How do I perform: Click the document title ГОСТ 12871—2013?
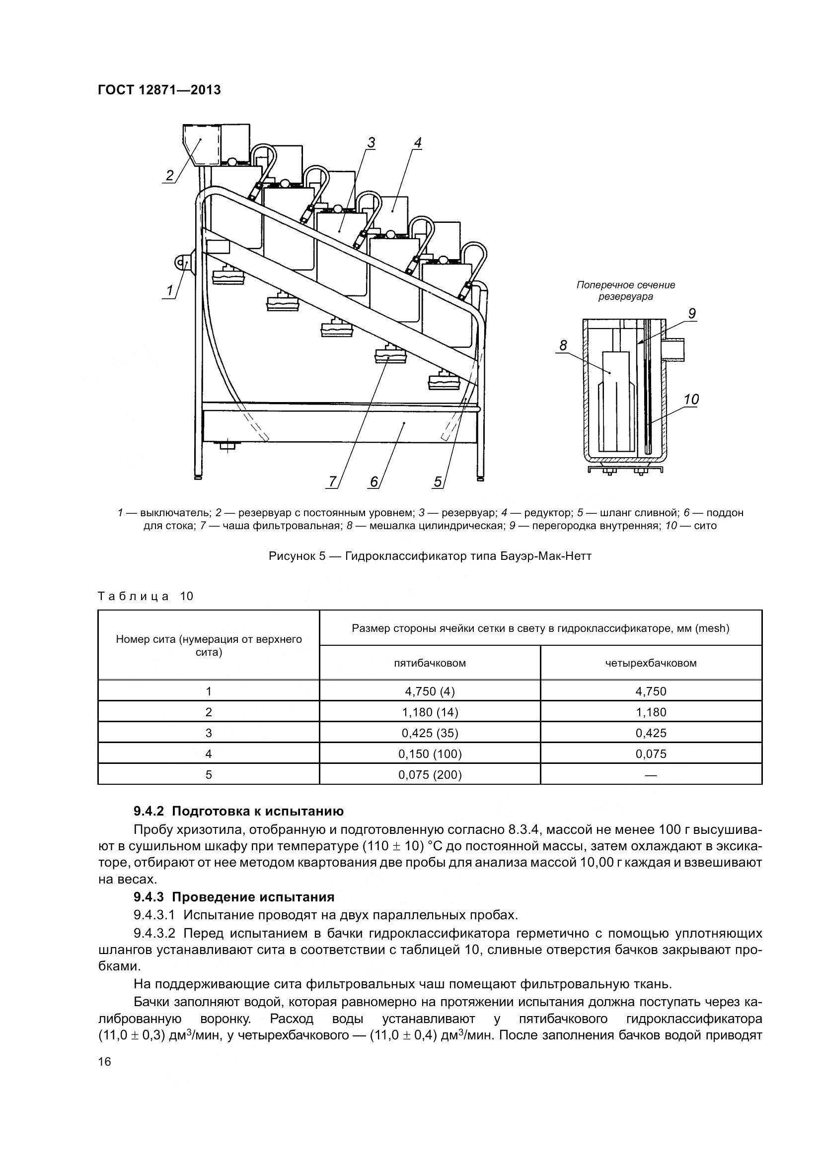coord(159,90)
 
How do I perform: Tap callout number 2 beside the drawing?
coord(170,175)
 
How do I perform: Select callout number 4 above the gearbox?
coord(417,143)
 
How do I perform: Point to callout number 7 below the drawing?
coord(332,482)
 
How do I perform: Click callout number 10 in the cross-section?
coord(691,400)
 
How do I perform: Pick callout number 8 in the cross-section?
coord(563,346)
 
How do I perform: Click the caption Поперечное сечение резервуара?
coord(626,291)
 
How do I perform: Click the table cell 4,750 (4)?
coord(430,691)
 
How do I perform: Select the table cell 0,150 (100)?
coord(430,754)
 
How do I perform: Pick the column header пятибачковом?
coord(430,663)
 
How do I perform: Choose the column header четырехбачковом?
coord(651,663)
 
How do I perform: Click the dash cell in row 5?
coord(651,775)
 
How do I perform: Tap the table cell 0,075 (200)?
coord(430,775)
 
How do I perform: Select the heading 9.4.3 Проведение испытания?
coord(234,897)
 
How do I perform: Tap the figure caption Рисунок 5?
coord(430,557)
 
